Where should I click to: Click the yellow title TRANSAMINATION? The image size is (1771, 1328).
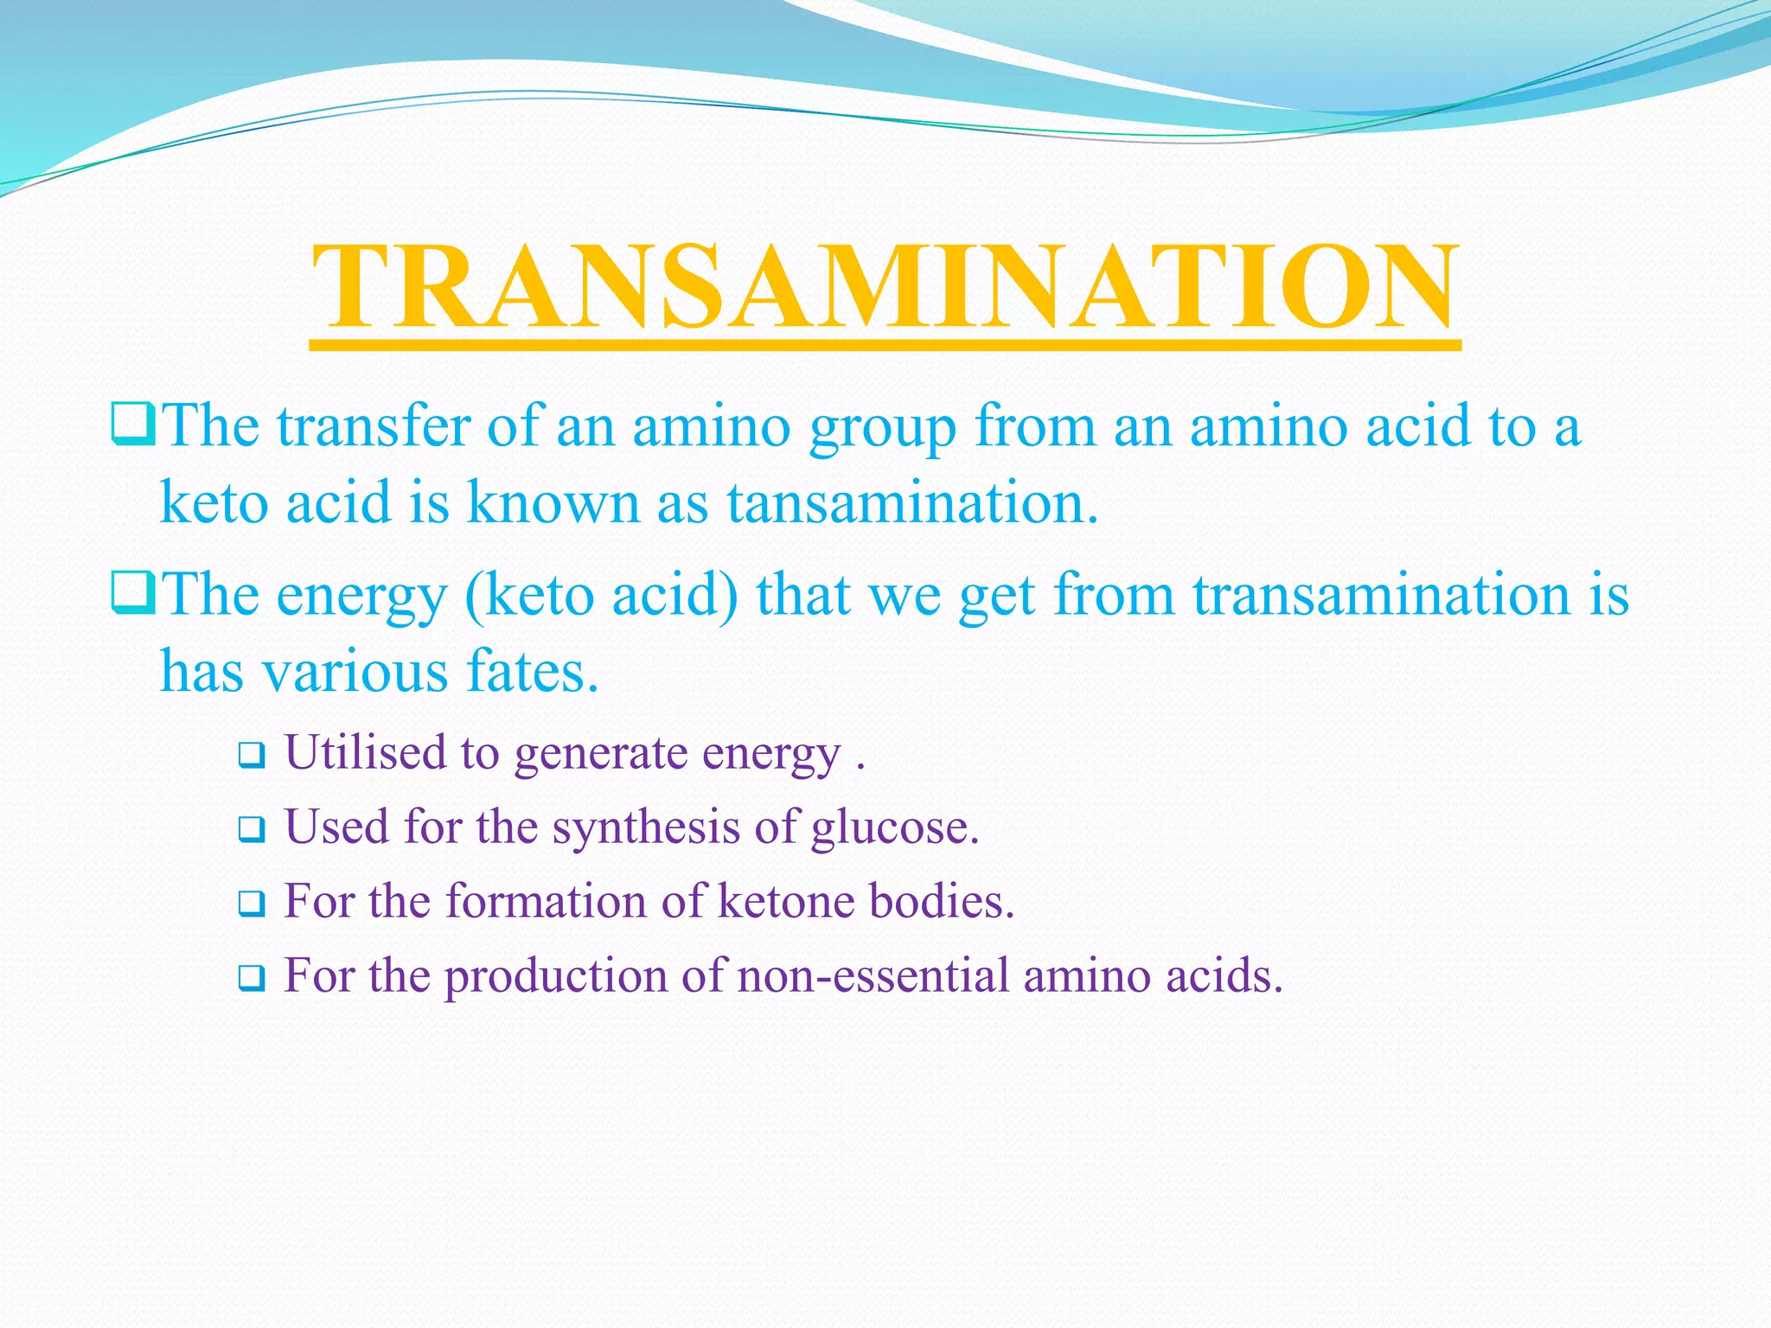click(x=885, y=287)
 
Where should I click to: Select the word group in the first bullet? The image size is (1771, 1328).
click(x=882, y=428)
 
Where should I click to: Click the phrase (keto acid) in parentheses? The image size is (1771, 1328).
click(x=601, y=595)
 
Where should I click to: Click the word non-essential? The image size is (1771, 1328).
click(x=873, y=976)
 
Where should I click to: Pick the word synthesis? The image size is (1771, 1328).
click(x=645, y=827)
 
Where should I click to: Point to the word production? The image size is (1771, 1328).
click(x=555, y=977)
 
